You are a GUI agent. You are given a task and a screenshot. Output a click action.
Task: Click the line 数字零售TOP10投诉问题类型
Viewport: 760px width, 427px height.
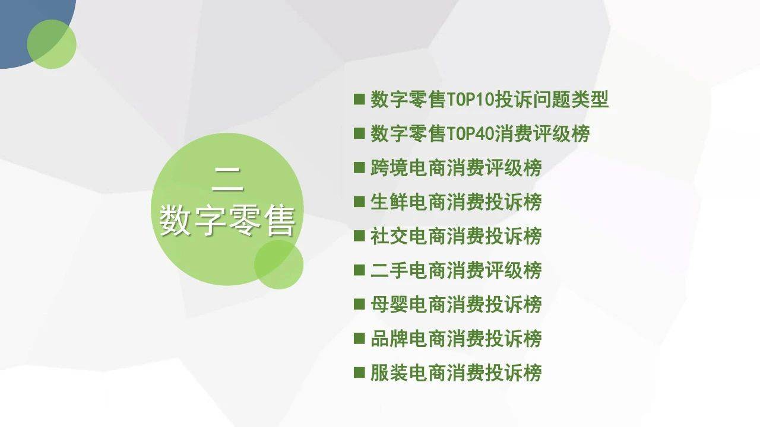click(489, 99)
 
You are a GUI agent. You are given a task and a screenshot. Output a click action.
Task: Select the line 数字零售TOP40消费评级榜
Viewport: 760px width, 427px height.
click(480, 133)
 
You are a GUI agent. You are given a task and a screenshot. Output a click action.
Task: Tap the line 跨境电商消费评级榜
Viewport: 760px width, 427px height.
click(455, 168)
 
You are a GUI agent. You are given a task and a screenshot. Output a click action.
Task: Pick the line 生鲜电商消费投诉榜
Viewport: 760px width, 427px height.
click(455, 202)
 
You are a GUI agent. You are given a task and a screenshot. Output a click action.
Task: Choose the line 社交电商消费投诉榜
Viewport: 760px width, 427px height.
click(455, 236)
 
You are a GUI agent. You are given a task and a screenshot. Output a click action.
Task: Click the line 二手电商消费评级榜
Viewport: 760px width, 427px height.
click(455, 270)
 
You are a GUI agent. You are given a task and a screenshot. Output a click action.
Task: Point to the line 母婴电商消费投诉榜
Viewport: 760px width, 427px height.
click(455, 304)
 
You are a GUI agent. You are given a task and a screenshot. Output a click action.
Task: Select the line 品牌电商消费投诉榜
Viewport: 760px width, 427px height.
click(455, 339)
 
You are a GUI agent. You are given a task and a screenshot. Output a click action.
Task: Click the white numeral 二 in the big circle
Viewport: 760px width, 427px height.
click(227, 179)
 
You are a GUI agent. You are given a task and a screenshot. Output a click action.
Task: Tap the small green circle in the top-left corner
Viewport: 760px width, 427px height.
click(52, 44)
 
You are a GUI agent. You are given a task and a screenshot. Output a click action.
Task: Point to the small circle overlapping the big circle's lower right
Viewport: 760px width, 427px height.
click(278, 265)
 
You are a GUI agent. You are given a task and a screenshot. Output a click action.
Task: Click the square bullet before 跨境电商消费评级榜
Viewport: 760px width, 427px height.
click(359, 167)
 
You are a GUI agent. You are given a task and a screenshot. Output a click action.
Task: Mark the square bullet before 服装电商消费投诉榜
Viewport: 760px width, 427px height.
click(359, 372)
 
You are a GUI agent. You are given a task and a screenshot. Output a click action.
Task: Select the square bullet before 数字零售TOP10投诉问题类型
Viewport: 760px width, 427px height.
click(359, 99)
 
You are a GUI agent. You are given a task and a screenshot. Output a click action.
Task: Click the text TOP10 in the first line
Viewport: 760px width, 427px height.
click(470, 100)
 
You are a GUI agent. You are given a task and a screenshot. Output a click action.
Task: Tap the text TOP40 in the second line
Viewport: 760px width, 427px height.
click(470, 134)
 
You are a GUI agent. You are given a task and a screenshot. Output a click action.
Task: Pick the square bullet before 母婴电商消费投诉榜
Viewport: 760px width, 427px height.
click(359, 304)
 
